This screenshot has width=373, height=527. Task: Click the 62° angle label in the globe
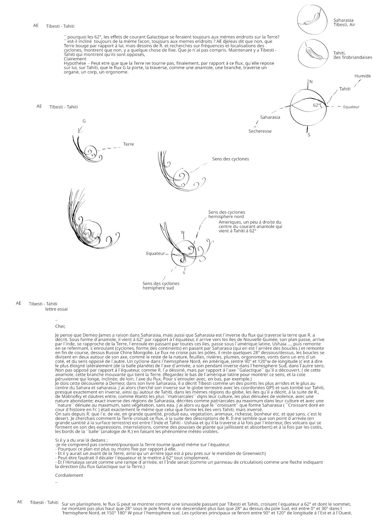316,105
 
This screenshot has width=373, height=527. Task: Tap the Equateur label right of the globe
351,107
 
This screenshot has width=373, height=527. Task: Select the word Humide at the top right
362,76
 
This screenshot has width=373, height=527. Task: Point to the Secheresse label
260,131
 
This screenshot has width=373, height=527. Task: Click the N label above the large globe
311,82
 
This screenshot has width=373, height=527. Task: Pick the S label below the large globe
309,135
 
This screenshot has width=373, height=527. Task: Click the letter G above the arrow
84,121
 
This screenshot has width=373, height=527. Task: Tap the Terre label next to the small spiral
128,144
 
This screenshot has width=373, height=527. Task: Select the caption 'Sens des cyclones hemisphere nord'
226,214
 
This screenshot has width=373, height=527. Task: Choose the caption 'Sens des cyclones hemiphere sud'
161,286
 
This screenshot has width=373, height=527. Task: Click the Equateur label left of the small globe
155,253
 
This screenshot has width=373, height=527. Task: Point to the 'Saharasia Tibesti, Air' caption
344,22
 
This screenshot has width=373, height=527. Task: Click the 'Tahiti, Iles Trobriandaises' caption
352,55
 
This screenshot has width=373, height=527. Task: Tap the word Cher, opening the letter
60,326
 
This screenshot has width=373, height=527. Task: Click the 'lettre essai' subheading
56,309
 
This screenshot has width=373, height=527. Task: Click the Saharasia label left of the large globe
270,117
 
